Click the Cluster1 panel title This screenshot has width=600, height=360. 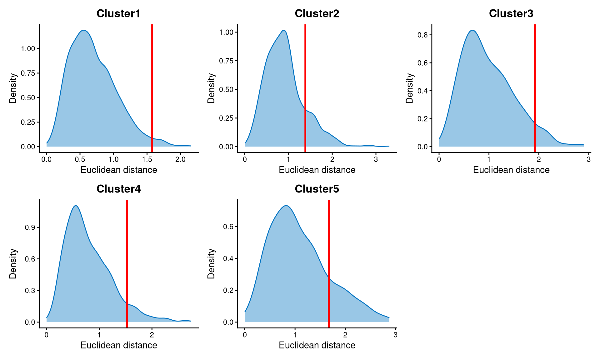(118, 13)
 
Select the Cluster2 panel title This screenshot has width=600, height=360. (317, 13)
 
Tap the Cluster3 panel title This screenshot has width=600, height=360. (511, 13)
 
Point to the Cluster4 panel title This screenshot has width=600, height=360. (118, 189)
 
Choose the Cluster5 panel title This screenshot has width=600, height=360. (317, 189)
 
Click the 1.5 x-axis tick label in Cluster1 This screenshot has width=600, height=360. (147, 159)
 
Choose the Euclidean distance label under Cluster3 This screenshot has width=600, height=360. (511, 170)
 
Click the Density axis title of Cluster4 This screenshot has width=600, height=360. (13, 263)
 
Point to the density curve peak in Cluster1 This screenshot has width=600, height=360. (84, 30)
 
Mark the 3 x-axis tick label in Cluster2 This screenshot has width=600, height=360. (376, 159)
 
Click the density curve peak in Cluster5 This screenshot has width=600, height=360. (286, 206)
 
